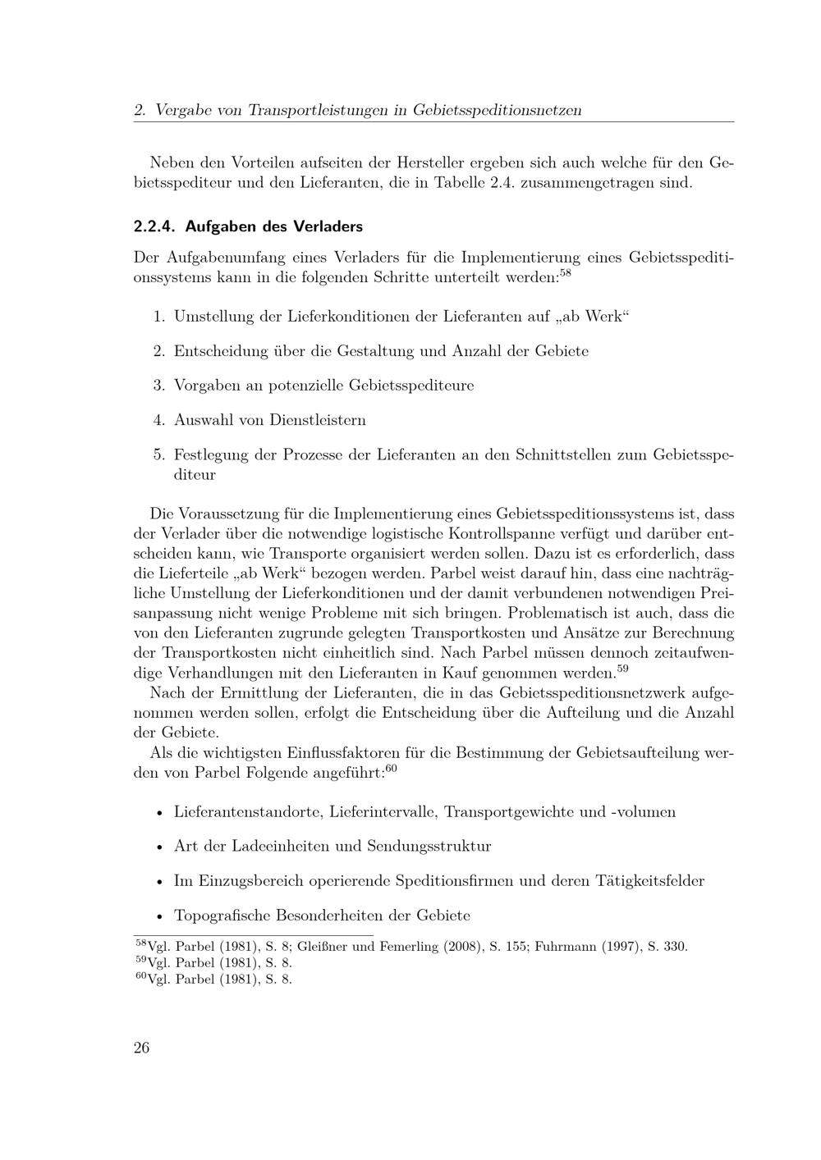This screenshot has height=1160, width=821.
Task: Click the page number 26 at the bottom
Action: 141,1048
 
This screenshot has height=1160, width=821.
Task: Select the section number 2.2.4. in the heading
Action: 155,226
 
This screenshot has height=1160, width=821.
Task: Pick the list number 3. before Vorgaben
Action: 159,385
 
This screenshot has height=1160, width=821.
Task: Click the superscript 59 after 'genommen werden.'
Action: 622,668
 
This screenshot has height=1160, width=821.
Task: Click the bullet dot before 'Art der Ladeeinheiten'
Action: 158,847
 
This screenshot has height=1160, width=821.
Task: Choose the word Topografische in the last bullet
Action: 222,916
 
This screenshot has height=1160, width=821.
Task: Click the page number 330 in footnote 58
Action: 674,947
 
